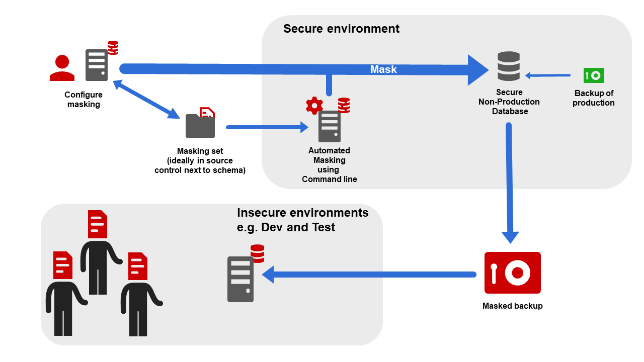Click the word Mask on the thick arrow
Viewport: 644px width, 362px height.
pos(383,69)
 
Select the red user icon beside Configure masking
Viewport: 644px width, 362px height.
pos(62,68)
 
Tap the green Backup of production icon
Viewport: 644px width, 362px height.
pos(594,75)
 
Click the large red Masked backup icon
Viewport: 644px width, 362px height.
pos(512,273)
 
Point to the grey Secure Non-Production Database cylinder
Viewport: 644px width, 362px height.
pos(508,66)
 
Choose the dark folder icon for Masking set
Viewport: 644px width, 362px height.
pos(200,126)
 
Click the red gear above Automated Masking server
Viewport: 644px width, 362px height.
pos(314,105)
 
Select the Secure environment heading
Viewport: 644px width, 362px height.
pos(341,29)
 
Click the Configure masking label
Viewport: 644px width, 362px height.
pos(84,100)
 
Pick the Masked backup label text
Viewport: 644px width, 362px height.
pos(512,306)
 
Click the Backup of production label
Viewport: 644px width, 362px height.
pos(594,98)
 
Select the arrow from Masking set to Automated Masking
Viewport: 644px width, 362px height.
pos(267,127)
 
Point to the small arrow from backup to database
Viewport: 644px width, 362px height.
pos(548,75)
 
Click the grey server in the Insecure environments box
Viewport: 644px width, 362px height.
pos(240,279)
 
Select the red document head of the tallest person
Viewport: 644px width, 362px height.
pos(98,224)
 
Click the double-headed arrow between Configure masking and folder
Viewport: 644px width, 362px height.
pos(146,99)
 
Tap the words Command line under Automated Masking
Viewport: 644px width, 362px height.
pos(329,179)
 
